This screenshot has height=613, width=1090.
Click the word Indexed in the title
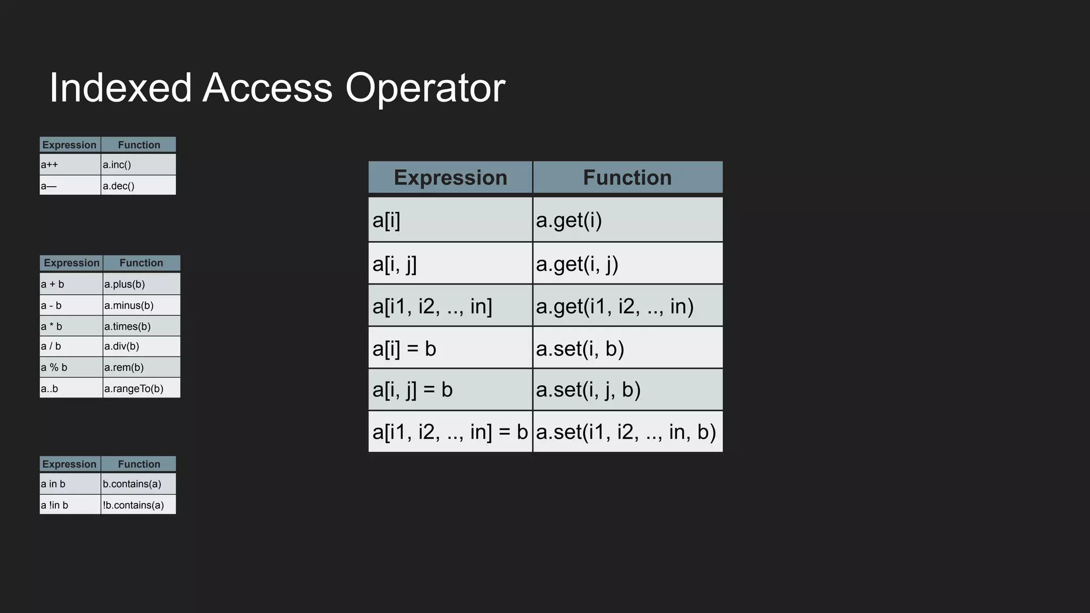pos(120,88)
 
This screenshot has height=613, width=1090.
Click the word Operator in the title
pos(425,88)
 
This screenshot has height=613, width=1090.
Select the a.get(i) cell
pos(627,220)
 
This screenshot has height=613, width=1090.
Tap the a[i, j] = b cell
pos(450,390)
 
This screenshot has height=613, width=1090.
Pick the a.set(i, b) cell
pos(627,349)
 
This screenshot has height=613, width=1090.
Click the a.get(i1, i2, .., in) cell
pos(627,306)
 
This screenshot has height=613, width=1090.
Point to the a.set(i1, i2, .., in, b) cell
pos(627,432)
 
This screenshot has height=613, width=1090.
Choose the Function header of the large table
pos(627,177)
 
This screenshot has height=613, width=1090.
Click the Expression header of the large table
pos(450,177)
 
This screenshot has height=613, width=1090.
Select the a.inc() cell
pos(138,164)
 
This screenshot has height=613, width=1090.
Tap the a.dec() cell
pos(138,186)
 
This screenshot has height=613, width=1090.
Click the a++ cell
pos(70,164)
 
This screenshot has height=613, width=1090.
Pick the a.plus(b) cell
pos(142,284)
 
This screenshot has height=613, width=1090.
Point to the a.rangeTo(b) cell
pos(142,388)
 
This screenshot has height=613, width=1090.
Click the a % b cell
pos(71,367)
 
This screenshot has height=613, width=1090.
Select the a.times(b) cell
pos(142,326)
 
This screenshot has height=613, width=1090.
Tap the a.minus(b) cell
pos(142,305)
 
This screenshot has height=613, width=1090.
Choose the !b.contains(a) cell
pos(138,505)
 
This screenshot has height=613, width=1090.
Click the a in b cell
pos(70,484)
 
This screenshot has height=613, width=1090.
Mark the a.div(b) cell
pos(142,346)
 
